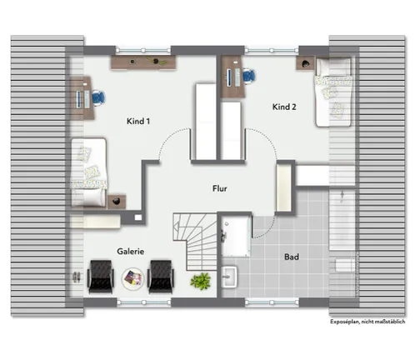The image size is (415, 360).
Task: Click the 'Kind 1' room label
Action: (x=138, y=121)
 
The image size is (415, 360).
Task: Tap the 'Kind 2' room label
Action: (x=284, y=107)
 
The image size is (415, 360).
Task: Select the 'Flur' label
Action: (x=220, y=188)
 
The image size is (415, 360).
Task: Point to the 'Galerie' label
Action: (x=131, y=252)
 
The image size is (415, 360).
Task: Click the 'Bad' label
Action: (x=292, y=257)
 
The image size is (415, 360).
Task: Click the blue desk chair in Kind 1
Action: (x=98, y=97)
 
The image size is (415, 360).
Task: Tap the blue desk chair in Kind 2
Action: (x=249, y=76)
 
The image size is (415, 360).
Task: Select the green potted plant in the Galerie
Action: (x=200, y=281)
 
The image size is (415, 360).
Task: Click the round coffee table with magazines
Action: (x=133, y=279)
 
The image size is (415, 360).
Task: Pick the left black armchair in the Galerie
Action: (x=101, y=277)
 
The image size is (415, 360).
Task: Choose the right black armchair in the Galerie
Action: (x=161, y=277)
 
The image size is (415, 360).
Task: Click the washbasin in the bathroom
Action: (x=229, y=277)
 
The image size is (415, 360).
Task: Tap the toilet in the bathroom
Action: (x=344, y=266)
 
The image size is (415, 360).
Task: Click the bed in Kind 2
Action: (x=333, y=92)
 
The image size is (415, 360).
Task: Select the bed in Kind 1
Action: (x=89, y=172)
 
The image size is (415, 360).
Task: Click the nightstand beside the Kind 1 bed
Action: (x=117, y=202)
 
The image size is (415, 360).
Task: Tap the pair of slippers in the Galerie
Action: (x=77, y=277)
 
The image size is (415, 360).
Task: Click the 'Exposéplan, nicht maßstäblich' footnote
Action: (x=367, y=322)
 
